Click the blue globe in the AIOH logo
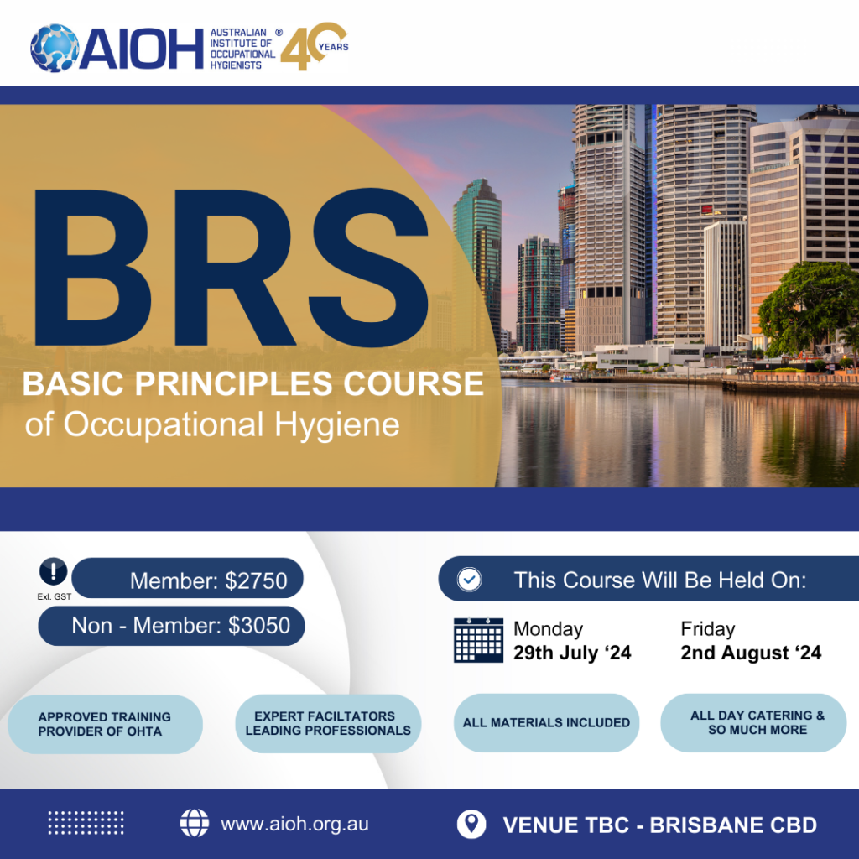[55, 47]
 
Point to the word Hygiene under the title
[341, 424]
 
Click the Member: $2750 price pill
[187, 580]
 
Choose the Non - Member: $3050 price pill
[171, 626]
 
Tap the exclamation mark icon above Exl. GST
[54, 573]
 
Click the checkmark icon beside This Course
[468, 580]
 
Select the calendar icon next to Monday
[478, 640]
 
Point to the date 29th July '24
[571, 653]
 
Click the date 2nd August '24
[751, 653]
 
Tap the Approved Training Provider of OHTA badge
[105, 724]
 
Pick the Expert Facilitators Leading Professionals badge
[328, 723]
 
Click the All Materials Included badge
[546, 722]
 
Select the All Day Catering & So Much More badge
[753, 722]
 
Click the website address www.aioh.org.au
[294, 824]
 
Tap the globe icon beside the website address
[195, 824]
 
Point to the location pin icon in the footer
[471, 824]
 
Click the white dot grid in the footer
[86, 823]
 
